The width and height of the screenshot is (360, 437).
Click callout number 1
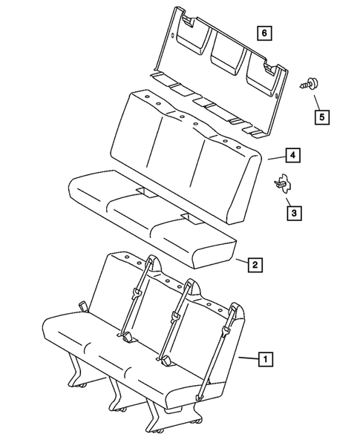264,358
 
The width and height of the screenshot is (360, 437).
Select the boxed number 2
254,263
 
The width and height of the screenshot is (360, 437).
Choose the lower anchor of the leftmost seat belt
128,337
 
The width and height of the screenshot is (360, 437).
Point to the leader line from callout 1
248,358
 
